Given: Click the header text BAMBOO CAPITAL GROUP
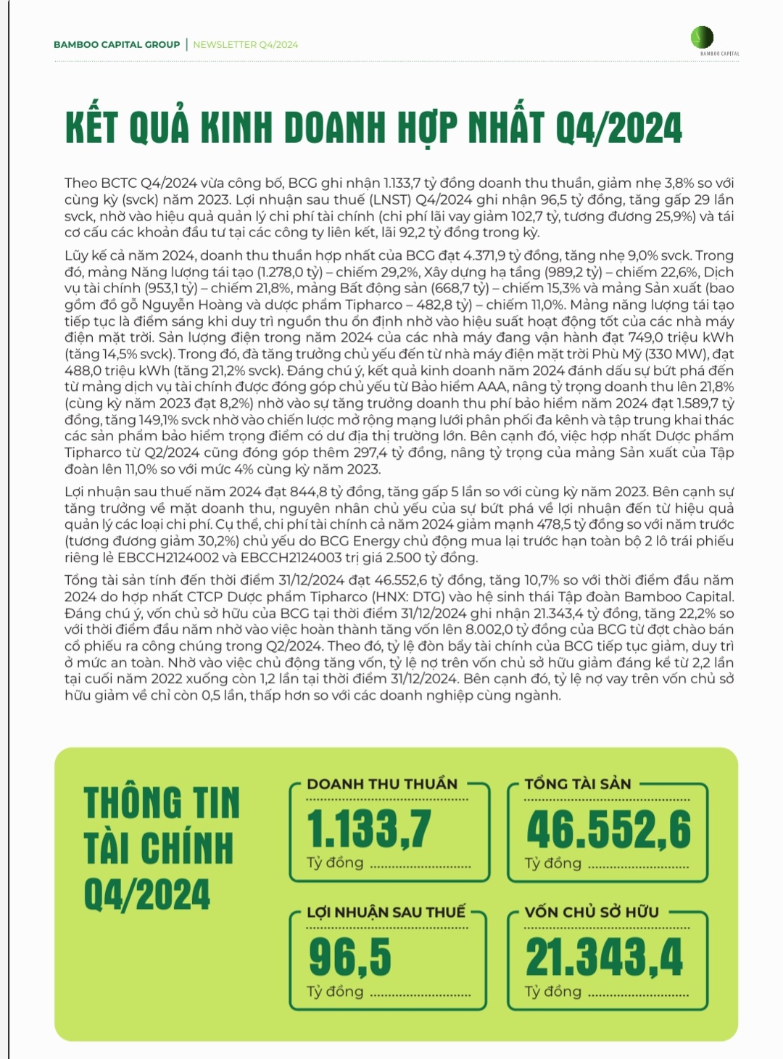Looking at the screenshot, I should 117,44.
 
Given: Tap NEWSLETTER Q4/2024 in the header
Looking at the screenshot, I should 245,44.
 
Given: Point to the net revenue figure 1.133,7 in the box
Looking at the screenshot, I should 369,828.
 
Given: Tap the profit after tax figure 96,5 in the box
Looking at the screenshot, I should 349,957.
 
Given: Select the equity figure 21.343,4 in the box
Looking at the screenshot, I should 604,957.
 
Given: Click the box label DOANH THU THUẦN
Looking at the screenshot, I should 382,784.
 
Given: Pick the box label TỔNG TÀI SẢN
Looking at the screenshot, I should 578,784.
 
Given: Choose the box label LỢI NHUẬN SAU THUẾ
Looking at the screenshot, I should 386,912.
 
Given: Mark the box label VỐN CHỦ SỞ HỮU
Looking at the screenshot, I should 592,912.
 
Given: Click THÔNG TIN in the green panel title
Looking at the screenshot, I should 162,803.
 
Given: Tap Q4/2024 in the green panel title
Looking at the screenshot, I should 147,894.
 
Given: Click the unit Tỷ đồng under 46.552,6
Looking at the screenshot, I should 553,863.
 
